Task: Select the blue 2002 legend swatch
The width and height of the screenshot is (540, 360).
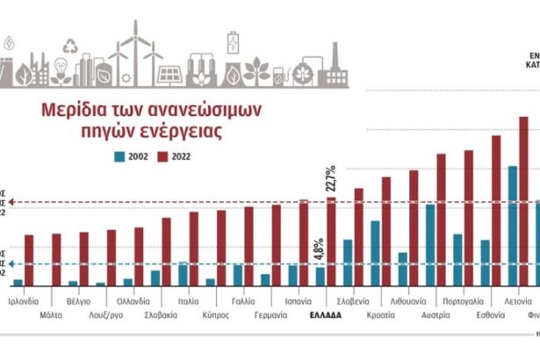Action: (120, 158)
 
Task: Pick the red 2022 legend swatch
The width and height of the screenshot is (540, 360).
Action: (162, 158)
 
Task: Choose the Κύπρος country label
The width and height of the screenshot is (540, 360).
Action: (215, 313)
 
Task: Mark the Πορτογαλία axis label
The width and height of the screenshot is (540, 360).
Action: (462, 300)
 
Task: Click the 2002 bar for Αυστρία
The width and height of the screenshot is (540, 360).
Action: (430, 244)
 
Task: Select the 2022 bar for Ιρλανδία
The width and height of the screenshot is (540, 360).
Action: (29, 260)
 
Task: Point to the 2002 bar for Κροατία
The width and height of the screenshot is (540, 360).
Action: (375, 253)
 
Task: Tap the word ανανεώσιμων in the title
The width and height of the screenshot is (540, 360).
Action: (170, 112)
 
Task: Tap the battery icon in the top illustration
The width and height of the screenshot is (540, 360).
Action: (233, 43)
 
